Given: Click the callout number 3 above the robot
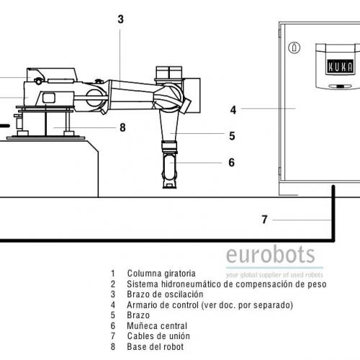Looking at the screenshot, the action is point(121,19).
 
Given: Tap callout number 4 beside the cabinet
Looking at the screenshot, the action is point(233,110).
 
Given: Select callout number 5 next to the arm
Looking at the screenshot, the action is point(232,136).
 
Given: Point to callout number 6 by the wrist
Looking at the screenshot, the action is point(231,163).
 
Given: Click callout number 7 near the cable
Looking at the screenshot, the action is point(264,220).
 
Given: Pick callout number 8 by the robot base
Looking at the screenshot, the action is point(122,127).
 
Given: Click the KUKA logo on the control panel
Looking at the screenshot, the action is point(341,67).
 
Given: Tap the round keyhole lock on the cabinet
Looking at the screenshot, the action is point(294,48).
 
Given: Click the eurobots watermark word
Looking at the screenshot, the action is point(271,254).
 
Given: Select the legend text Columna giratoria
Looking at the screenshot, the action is point(161,274).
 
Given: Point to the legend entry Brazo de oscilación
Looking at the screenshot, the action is point(165,294).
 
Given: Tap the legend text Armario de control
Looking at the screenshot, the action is point(163,305).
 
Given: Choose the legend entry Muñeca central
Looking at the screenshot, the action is point(157,326).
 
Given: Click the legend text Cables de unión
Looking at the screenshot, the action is point(158,336).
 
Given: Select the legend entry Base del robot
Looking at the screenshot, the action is point(156,347).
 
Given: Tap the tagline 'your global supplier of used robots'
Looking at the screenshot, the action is point(274,274).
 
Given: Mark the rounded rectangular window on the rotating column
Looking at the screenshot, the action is point(49,98).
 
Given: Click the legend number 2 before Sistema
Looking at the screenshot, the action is point(113,284).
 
